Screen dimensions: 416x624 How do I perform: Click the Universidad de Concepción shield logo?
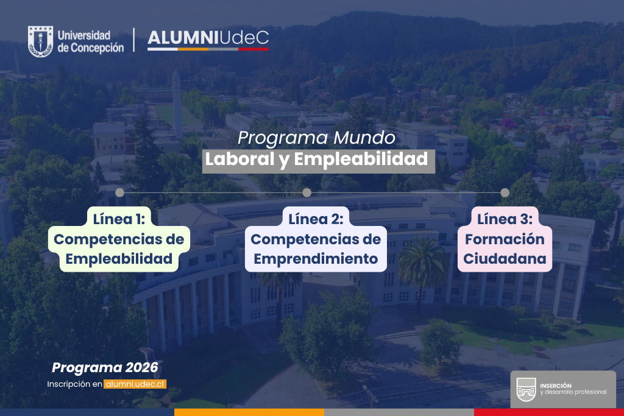click(x=40, y=41)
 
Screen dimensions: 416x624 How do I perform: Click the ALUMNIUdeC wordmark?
click(x=208, y=39)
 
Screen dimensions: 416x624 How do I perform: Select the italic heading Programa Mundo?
click(x=316, y=138)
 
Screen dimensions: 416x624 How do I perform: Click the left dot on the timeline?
click(x=119, y=192)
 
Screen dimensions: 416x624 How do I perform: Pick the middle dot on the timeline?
click(x=307, y=192)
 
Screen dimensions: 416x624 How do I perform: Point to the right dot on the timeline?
click(x=505, y=192)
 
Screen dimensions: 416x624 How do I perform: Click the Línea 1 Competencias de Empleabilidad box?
click(x=119, y=239)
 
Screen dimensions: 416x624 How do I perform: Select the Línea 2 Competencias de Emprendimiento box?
click(x=316, y=239)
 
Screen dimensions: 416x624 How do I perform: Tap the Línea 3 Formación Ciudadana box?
click(x=505, y=239)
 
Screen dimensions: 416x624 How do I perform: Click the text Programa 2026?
click(x=105, y=368)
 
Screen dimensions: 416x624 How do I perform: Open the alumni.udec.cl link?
click(x=135, y=384)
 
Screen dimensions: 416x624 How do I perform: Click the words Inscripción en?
click(x=74, y=384)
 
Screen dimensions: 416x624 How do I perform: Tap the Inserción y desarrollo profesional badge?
click(x=562, y=389)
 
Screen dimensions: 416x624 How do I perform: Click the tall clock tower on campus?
click(x=177, y=100)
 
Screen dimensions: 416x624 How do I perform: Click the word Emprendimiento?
click(x=316, y=258)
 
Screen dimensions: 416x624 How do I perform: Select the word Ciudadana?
click(x=505, y=258)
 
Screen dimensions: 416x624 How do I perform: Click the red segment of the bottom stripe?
click(x=548, y=412)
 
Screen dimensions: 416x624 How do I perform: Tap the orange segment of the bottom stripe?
click(x=249, y=412)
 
